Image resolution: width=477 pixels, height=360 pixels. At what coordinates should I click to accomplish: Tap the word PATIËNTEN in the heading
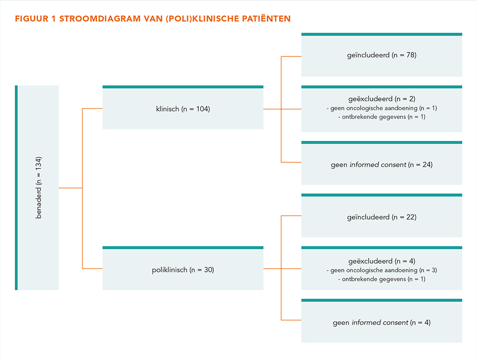click(266, 18)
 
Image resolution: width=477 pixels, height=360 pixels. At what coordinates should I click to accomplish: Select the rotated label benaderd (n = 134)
click(38, 187)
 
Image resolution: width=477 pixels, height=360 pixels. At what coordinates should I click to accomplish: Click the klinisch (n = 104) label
click(183, 109)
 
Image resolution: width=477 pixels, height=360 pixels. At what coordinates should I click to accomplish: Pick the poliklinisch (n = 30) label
click(183, 270)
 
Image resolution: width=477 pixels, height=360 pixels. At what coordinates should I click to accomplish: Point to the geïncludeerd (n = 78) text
click(382, 55)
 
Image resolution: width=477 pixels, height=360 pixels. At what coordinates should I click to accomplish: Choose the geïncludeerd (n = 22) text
click(382, 217)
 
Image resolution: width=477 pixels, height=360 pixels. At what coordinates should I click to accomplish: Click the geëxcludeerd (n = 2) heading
click(382, 99)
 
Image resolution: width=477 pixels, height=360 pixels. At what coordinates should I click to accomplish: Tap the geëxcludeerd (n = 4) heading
click(382, 261)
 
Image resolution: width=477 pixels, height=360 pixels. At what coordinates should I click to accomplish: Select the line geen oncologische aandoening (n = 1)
click(382, 108)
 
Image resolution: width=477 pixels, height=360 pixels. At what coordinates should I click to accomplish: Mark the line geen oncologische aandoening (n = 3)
click(382, 270)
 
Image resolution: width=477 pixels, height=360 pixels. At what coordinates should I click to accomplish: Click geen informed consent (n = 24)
click(382, 165)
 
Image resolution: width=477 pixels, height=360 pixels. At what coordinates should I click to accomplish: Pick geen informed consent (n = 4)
click(382, 322)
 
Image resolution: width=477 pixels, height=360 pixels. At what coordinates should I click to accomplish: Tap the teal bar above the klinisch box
click(183, 87)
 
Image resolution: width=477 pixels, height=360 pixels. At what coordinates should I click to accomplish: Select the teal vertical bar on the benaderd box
click(16, 187)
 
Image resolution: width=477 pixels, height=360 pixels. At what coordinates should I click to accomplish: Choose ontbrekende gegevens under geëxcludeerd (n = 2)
click(382, 117)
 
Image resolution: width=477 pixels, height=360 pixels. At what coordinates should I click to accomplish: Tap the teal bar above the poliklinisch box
click(183, 248)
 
